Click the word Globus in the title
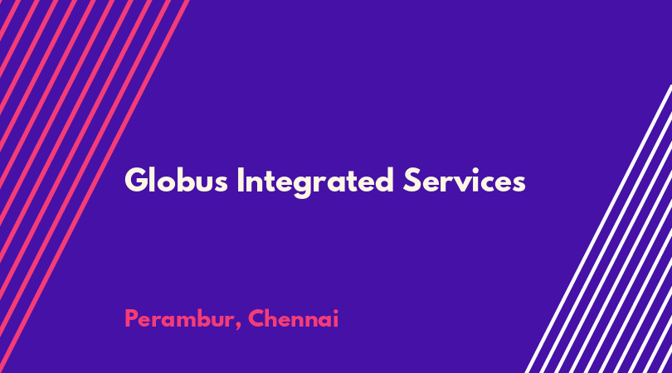(x=176, y=181)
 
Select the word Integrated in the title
(x=315, y=182)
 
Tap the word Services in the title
(x=464, y=181)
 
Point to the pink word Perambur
(x=179, y=318)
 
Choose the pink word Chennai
(x=293, y=318)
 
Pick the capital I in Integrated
(x=241, y=181)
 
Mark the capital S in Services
(x=412, y=181)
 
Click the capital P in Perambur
(x=131, y=318)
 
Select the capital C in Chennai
(x=256, y=318)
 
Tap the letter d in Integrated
(x=383, y=181)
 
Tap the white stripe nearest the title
(x=598, y=229)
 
